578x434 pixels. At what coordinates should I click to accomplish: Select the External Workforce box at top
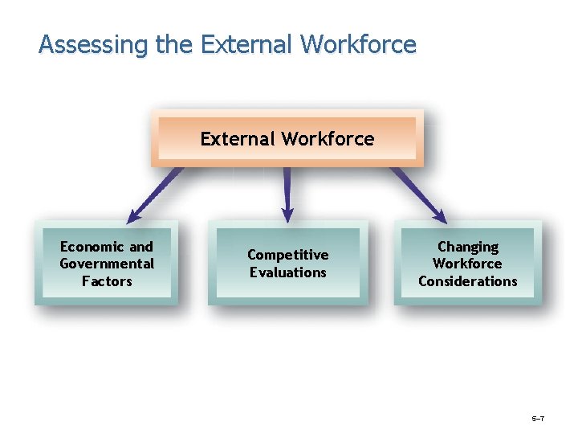287,138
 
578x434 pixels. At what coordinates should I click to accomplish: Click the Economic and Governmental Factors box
107,264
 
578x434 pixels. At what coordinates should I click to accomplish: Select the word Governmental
107,264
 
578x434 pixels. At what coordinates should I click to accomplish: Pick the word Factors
107,281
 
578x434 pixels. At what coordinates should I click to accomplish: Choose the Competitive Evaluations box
287,264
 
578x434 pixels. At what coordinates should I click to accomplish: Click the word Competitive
287,255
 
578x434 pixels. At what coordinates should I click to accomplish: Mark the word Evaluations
287,272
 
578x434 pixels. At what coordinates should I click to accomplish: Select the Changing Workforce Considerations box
468,264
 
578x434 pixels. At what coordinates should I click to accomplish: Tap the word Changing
468,247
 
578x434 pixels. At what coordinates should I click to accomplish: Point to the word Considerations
468,281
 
